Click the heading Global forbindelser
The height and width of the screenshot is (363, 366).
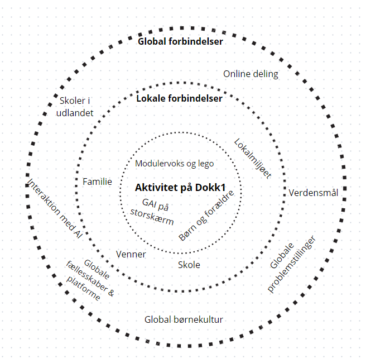pos(180,41)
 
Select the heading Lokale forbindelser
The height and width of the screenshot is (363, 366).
pos(179,98)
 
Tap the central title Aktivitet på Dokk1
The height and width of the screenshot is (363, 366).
pos(180,188)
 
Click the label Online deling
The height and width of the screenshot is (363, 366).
pos(251,74)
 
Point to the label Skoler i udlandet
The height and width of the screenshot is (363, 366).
pos(75,107)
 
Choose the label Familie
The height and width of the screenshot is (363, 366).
pos(97,181)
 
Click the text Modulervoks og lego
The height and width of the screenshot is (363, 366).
pos(175,164)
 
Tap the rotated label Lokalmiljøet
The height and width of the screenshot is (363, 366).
pos(253,159)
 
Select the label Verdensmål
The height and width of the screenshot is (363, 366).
pos(313,193)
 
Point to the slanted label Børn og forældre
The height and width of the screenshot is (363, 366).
pos(206,216)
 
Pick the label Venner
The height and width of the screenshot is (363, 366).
pos(131,254)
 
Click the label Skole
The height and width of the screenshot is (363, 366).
pos(189,265)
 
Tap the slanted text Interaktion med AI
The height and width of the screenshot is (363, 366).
pos(55,209)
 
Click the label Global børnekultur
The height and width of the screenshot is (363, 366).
pos(184,319)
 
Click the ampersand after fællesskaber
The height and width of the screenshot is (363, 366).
pos(111,293)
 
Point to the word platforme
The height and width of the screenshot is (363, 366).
pos(84,288)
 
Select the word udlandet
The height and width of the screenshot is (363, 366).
pos(75,113)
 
